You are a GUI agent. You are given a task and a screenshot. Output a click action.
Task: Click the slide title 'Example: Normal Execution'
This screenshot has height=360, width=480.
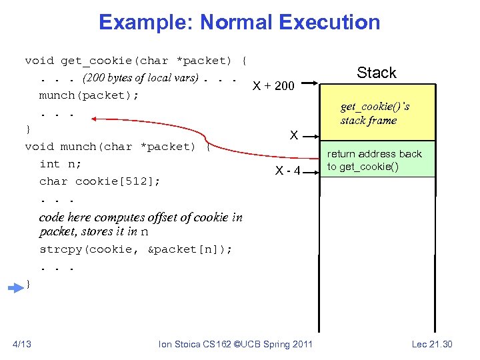[239, 22]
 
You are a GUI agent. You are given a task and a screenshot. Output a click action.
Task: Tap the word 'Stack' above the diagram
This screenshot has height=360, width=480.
[376, 73]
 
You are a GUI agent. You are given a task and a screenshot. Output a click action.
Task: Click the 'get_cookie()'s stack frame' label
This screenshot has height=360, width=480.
[375, 113]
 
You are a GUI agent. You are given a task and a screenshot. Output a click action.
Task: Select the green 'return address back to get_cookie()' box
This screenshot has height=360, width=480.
[377, 159]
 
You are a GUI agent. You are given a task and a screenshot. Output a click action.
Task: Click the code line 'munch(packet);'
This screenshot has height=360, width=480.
[89, 95]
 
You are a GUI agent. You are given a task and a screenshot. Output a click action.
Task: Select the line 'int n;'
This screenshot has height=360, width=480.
[59, 163]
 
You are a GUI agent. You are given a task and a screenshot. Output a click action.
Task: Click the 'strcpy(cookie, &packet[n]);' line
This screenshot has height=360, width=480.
[136, 249]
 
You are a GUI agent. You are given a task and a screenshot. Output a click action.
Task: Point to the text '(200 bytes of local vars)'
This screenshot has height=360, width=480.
[140, 78]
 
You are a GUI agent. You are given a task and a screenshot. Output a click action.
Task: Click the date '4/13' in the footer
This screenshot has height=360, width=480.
[22, 344]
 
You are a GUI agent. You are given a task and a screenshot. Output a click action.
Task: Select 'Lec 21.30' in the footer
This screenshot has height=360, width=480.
[431, 344]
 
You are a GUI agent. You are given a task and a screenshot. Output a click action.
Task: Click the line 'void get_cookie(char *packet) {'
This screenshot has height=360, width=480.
[135, 61]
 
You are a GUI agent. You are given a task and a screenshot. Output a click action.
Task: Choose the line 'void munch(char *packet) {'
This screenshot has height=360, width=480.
[117, 147]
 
